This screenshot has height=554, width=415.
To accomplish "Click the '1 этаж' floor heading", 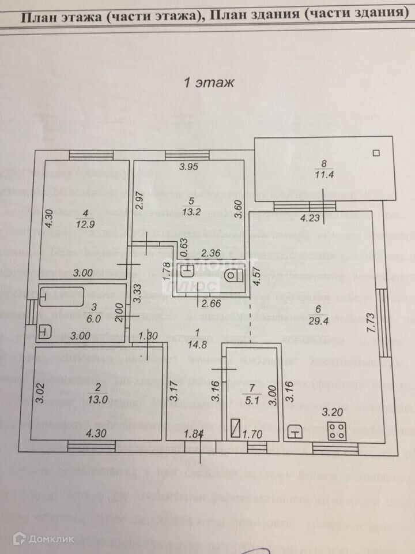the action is [209, 83].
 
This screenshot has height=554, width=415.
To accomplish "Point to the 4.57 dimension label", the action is [258, 279].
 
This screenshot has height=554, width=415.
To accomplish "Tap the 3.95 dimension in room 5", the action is [188, 167].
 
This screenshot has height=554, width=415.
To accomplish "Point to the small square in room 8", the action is [378, 153].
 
